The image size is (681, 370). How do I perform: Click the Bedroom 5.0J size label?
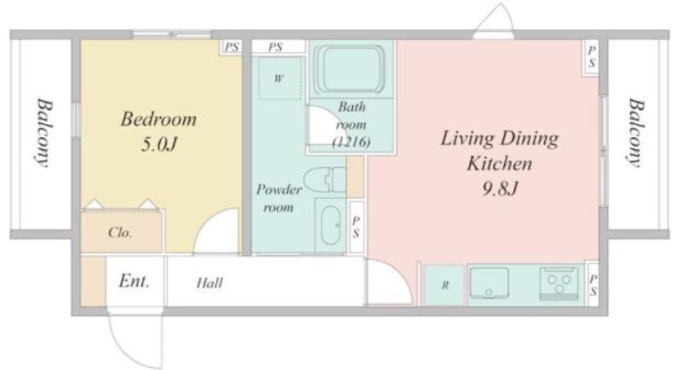(159, 144)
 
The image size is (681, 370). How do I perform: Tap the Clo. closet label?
(120, 232)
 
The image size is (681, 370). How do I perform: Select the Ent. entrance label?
(134, 281)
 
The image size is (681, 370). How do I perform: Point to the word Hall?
(210, 283)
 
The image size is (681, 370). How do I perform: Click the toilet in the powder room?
(325, 180)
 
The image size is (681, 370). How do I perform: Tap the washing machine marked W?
(279, 78)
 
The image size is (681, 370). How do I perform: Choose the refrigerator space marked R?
(444, 285)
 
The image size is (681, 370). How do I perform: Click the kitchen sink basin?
(489, 282)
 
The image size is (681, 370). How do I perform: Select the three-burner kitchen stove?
(559, 284)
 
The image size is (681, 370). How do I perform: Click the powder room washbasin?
(330, 225)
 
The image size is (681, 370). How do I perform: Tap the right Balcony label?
(635, 133)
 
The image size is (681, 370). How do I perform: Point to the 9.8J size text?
(500, 188)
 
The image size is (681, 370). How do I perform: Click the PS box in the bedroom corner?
(232, 46)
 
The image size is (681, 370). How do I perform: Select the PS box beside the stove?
(593, 285)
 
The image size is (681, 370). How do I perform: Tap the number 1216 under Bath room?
(351, 142)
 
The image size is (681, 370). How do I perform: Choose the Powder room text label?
(279, 198)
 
